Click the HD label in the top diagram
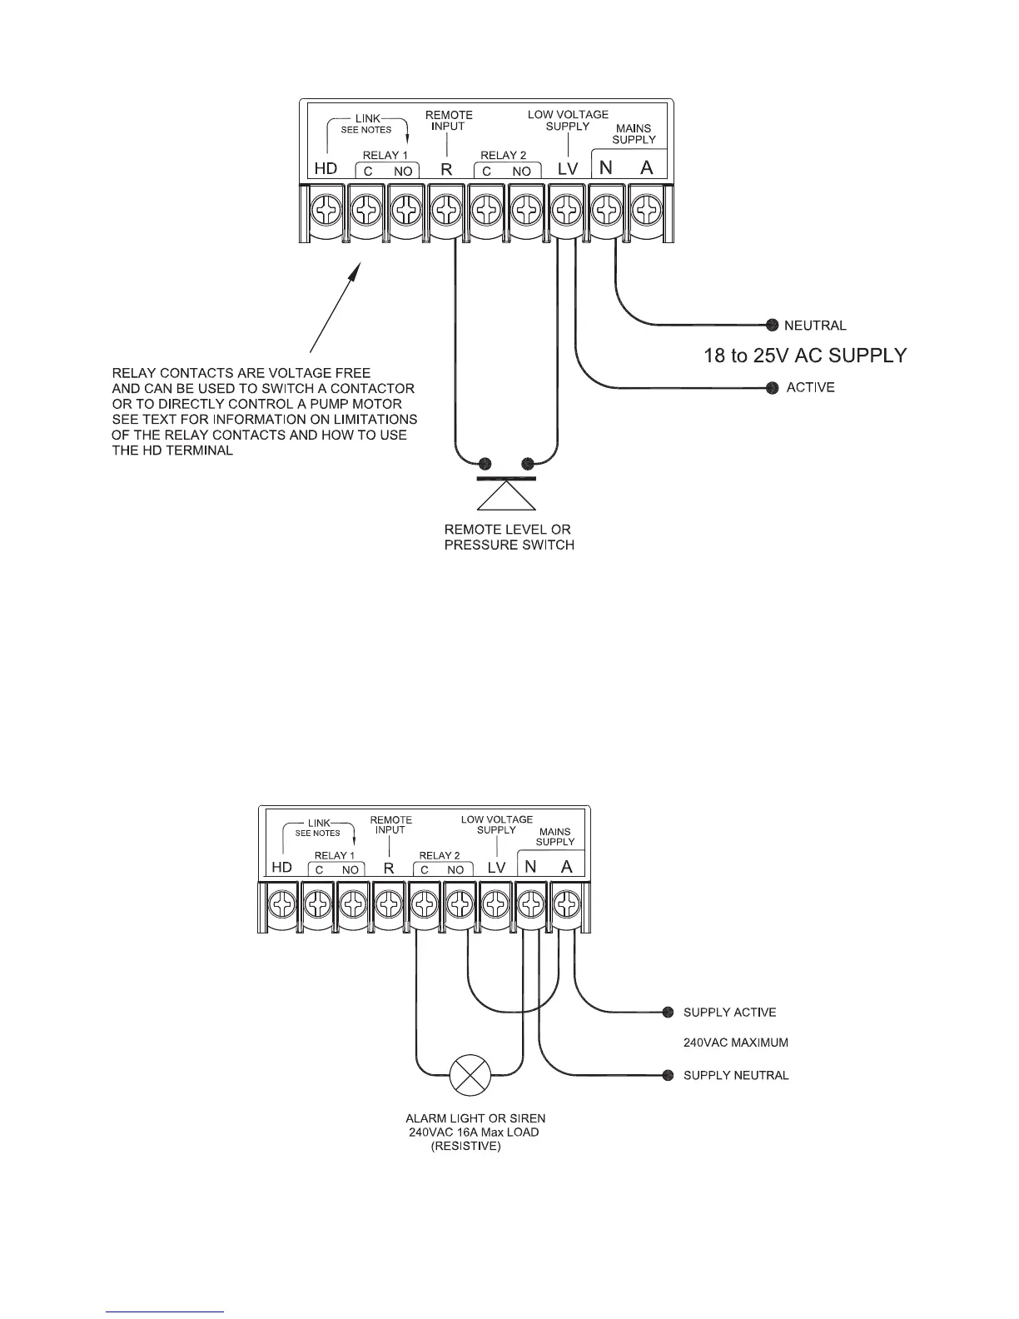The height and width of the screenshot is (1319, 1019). (326, 168)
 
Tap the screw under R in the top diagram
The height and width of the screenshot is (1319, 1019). (446, 212)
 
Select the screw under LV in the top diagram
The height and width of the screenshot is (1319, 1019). (567, 212)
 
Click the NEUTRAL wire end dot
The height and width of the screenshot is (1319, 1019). (772, 325)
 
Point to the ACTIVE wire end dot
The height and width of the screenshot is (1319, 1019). (772, 387)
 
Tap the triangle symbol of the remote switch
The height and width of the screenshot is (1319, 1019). (505, 496)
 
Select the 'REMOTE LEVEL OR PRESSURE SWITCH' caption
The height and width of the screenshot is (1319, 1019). (509, 537)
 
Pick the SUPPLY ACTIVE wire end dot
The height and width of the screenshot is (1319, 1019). (668, 1012)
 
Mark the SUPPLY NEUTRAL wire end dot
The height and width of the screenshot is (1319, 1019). (668, 1075)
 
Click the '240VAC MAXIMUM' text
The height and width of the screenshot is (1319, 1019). (735, 1043)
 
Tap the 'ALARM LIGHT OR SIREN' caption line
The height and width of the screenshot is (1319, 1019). (475, 1118)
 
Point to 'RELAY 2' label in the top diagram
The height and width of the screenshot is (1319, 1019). (503, 155)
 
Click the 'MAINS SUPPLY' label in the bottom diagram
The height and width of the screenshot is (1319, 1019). (555, 836)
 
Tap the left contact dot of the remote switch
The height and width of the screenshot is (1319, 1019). (486, 463)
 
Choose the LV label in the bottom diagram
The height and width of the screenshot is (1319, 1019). (496, 868)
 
